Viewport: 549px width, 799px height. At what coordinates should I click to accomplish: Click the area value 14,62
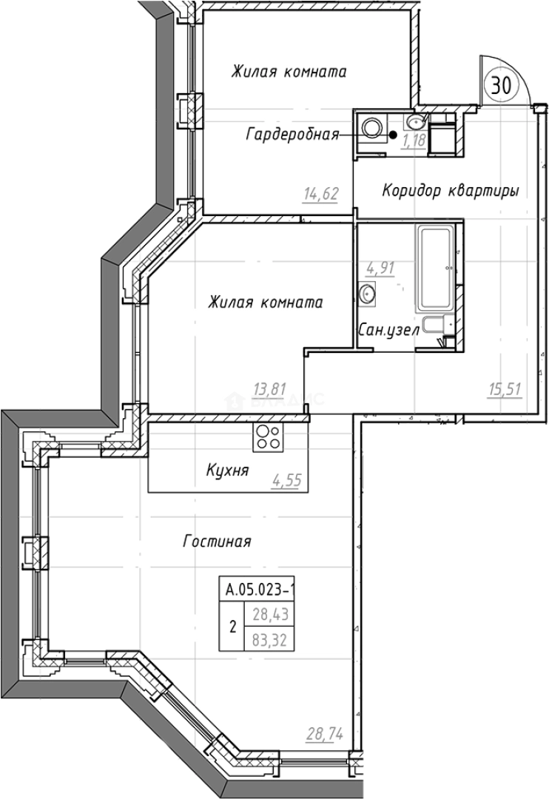click(x=321, y=194)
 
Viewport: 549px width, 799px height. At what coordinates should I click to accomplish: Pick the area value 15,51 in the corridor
click(x=505, y=390)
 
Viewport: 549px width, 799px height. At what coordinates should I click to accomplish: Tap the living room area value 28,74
click(x=324, y=735)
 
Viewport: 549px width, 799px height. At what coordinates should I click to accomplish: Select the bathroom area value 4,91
click(x=380, y=268)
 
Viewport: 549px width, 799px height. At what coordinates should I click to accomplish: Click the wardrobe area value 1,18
click(x=414, y=141)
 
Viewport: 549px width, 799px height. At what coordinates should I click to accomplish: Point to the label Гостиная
click(x=217, y=541)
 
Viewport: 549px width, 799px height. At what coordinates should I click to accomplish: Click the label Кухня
click(x=227, y=470)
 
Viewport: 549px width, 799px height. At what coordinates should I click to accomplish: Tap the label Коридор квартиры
click(x=451, y=191)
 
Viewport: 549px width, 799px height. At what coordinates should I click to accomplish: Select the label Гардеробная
click(x=292, y=135)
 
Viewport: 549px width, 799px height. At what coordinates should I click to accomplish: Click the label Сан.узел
click(x=389, y=330)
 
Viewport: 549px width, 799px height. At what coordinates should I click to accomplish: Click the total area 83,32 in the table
click(x=270, y=639)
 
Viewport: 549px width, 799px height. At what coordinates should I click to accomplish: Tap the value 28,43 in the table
click(x=270, y=614)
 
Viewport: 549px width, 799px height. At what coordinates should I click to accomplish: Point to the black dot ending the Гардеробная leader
click(x=394, y=135)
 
